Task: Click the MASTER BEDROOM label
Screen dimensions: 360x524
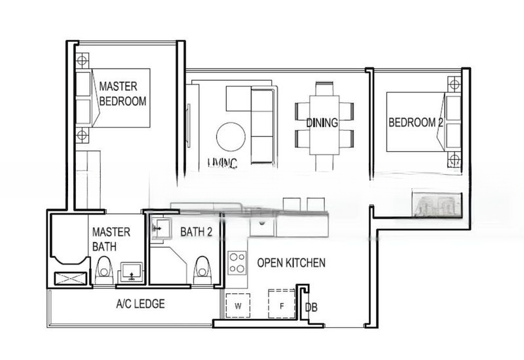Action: [122, 94]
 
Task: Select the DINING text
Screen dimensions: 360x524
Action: [322, 122]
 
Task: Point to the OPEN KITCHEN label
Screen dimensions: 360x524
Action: [291, 263]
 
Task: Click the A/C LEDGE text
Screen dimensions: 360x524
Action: [140, 304]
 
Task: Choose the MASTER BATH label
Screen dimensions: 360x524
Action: [111, 239]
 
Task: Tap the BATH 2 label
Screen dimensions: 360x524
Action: [196, 231]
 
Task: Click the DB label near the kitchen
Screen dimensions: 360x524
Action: [311, 306]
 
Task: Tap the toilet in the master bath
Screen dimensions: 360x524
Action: [103, 270]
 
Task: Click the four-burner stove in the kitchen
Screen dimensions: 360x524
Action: [236, 263]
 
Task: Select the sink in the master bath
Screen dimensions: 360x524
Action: [131, 270]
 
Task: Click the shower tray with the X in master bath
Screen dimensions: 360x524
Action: [68, 277]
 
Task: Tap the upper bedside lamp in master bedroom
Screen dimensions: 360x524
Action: [82, 62]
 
